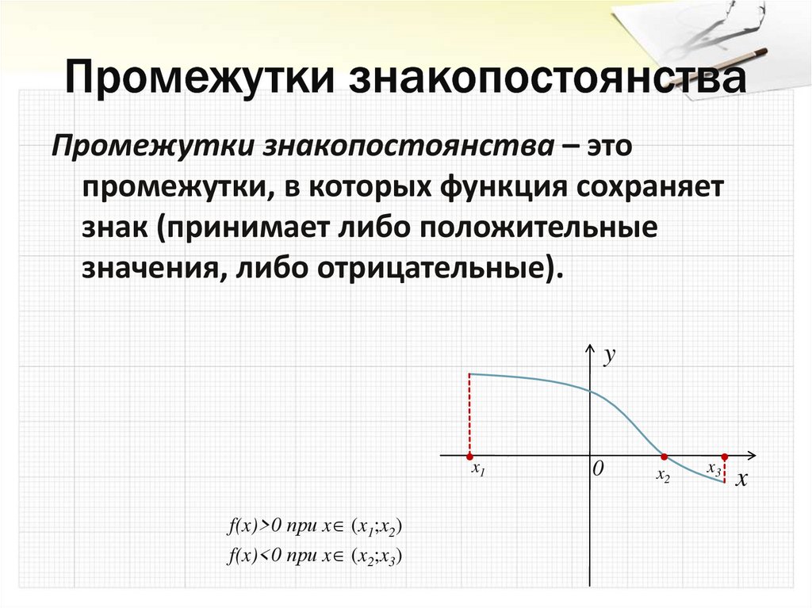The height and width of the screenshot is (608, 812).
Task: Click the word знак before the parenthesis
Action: coord(114,228)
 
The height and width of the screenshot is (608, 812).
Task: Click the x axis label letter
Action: coord(741,480)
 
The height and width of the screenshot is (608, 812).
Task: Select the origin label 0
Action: coord(598,470)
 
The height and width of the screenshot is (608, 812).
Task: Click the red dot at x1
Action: coord(469,457)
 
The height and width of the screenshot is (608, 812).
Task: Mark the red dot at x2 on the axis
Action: coord(665,457)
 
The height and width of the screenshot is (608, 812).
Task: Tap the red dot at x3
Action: coord(725,457)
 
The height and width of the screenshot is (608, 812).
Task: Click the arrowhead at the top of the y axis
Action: coord(590,348)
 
